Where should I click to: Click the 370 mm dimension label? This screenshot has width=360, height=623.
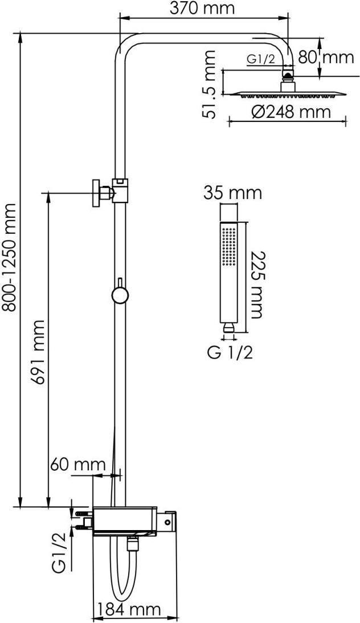pos(202,8)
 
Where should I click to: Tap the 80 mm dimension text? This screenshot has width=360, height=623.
pos(326,57)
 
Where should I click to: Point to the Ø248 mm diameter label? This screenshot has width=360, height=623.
pos(291,112)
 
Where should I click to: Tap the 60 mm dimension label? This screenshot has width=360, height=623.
pos(78,464)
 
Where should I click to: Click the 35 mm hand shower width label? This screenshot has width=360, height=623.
pos(233,193)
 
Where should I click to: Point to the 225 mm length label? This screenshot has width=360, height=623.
pos(256,284)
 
